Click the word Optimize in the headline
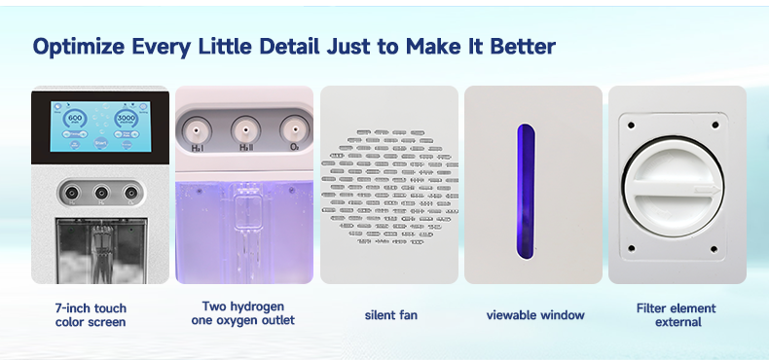click(x=82, y=46)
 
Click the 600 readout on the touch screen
click(x=75, y=118)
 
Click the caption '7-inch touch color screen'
click(x=91, y=315)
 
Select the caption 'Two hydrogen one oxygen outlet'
click(x=243, y=313)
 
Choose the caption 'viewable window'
click(x=535, y=314)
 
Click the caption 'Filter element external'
click(x=677, y=315)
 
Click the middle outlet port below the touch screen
click(x=99, y=192)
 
